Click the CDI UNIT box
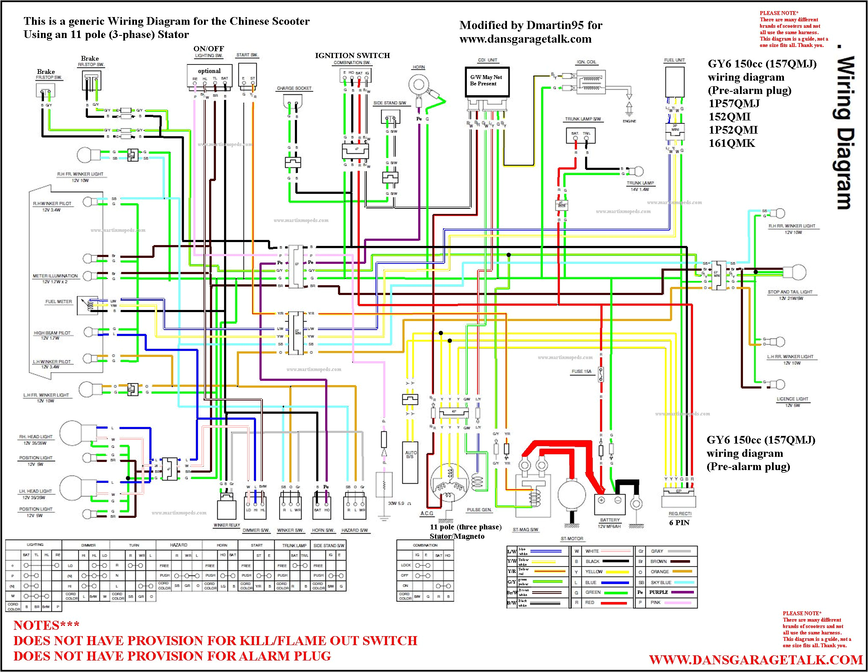point(487,82)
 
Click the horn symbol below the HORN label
point(419,85)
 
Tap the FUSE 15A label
point(581,371)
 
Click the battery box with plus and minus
point(610,504)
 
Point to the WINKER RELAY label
point(227,525)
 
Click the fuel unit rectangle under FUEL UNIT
point(675,82)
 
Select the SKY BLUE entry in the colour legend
point(661,582)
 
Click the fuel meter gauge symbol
point(88,305)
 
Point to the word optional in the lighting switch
point(209,71)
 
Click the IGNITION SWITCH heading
point(352,56)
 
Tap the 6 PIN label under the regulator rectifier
point(679,523)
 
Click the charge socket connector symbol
point(292,102)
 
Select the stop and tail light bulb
point(794,272)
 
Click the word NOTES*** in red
point(46,625)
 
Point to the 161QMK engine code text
point(731,143)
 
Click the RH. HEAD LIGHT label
point(36,437)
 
